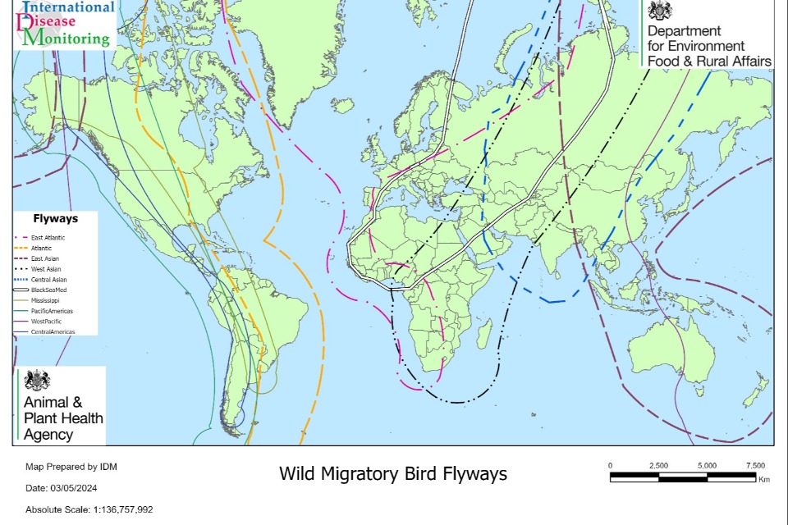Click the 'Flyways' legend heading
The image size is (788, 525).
(55, 219)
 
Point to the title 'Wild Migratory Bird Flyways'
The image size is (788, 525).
(393, 474)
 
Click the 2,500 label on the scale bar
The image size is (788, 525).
(658, 465)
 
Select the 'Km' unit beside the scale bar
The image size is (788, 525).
(763, 480)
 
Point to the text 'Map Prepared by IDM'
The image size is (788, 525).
(71, 467)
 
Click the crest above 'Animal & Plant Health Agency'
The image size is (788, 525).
(37, 380)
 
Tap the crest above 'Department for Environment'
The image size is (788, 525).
(660, 11)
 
